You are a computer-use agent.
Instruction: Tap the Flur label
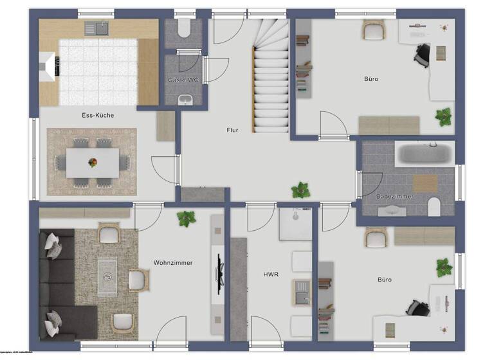[232, 130]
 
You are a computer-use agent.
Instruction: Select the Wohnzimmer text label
[173, 262]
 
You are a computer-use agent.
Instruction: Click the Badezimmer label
[396, 196]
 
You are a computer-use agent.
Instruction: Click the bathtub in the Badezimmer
[426, 154]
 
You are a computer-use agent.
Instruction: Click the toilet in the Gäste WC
[184, 30]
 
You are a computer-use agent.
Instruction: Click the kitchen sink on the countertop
[100, 28]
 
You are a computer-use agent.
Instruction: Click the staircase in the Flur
[271, 74]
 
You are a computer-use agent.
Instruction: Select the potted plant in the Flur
[300, 190]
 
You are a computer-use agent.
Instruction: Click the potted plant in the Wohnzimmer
[187, 218]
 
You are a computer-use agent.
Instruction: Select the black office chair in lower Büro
[420, 308]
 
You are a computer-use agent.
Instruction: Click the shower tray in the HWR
[295, 223]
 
